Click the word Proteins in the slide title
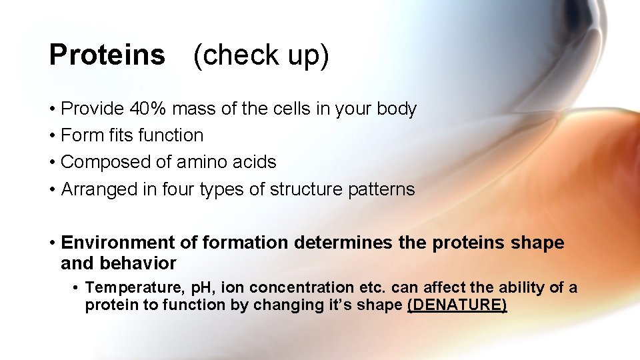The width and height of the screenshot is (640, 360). point(107,55)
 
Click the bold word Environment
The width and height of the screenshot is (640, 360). point(116,243)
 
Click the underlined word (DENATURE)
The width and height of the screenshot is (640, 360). point(457,305)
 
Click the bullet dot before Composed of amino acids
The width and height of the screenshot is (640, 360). point(51,163)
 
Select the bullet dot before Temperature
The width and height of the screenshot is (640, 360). point(77,289)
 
